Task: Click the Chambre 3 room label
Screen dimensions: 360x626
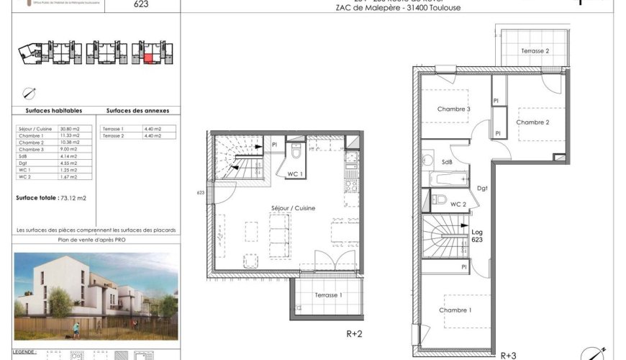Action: (x=453, y=109)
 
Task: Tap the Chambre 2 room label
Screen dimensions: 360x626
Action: (x=532, y=122)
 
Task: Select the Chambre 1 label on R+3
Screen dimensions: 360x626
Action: (x=455, y=310)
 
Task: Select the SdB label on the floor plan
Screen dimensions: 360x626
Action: (x=447, y=163)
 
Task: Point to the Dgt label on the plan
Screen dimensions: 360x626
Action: (x=482, y=189)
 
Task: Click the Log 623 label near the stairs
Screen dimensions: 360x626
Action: (x=477, y=235)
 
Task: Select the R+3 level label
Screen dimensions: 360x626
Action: (x=508, y=354)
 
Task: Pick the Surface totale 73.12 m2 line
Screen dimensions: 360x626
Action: (x=51, y=197)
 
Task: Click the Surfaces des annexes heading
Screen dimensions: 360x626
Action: (x=137, y=111)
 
